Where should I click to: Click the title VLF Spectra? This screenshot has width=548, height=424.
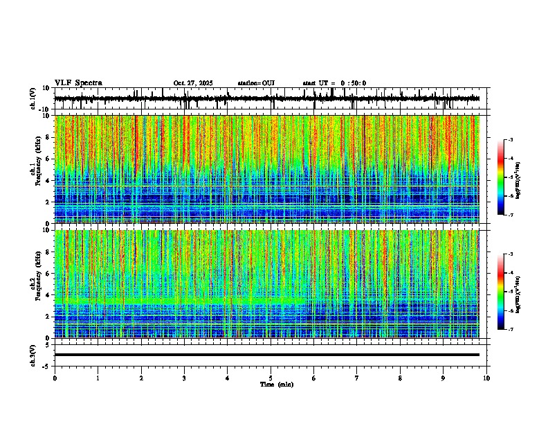[78, 83]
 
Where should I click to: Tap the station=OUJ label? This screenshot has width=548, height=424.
[256, 83]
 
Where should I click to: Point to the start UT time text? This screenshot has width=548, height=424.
[334, 83]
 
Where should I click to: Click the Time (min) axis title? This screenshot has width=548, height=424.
[276, 384]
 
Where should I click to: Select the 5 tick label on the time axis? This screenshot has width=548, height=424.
[271, 378]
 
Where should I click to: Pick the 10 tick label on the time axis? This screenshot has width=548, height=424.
[486, 378]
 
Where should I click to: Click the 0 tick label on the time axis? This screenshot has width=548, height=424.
[55, 378]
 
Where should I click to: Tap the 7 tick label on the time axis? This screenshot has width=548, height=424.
[357, 378]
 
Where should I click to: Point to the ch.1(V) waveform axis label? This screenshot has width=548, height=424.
[33, 99]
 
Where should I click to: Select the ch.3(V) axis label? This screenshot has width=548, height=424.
[33, 355]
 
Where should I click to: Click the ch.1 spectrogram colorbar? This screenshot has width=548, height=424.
[500, 177]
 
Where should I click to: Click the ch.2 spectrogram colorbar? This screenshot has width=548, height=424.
[500, 292]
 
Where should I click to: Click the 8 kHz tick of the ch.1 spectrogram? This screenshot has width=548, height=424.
[48, 137]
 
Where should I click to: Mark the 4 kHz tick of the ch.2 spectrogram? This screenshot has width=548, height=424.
[48, 294]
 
